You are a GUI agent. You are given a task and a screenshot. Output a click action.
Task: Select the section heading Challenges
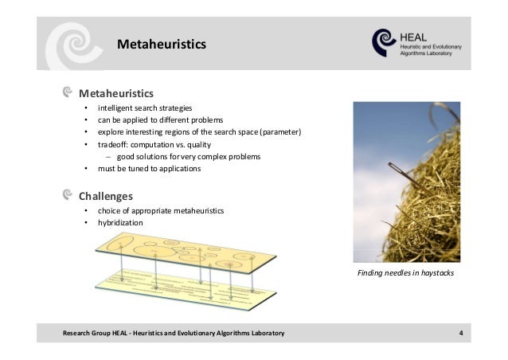[105, 195]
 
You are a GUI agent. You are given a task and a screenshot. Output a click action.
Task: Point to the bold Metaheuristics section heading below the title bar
[115, 92]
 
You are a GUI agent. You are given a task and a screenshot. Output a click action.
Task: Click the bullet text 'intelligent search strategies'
[144, 108]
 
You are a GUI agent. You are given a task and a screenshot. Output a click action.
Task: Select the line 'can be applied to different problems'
[154, 119]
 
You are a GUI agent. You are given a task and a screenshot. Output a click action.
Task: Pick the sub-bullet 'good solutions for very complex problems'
[188, 157]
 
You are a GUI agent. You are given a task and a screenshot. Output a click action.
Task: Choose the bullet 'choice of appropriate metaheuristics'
[160, 210]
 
